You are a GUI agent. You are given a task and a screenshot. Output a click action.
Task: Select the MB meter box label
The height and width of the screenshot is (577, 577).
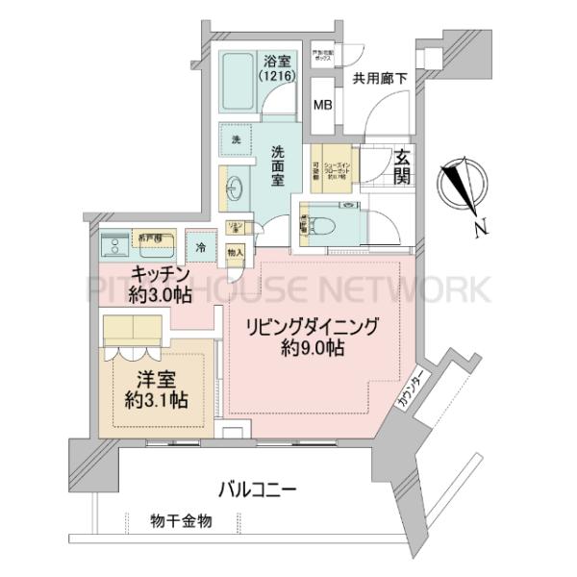323,105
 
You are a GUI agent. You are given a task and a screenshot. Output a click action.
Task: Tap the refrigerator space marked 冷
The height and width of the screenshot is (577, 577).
200,247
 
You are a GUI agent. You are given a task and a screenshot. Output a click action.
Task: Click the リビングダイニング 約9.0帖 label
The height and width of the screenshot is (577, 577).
311,333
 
